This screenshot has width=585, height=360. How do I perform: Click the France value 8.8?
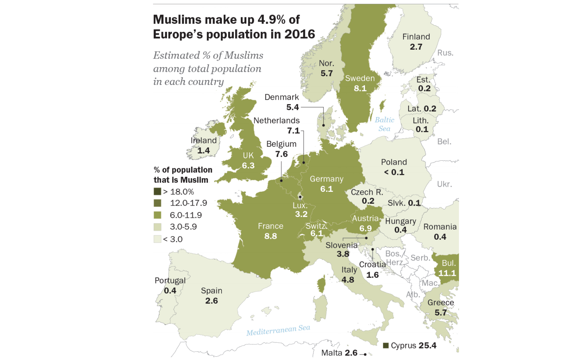point(270,236)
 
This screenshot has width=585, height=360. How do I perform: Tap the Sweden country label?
point(360,78)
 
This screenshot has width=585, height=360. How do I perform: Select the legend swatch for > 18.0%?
point(157,191)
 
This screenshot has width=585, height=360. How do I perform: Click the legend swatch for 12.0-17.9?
point(157,203)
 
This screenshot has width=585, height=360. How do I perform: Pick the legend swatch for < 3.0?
point(157,239)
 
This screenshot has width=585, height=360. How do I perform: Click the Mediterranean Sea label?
point(278,330)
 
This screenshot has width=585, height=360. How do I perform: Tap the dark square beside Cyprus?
point(386,346)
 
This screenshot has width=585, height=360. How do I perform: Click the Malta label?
point(332,353)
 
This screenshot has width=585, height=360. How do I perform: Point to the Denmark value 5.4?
point(292,107)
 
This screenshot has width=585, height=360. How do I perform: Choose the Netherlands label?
point(276,120)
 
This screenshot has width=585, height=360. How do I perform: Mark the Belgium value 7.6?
point(281,154)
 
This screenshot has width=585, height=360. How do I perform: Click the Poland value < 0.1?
point(394,172)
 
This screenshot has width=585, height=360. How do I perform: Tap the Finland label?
point(416,37)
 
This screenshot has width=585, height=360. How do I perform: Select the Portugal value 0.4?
point(170,291)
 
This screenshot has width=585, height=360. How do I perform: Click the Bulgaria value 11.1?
point(447,273)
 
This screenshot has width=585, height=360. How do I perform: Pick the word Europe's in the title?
point(178,34)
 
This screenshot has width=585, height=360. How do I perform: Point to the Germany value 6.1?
point(326,189)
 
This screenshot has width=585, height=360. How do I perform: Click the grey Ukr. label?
point(444,184)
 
